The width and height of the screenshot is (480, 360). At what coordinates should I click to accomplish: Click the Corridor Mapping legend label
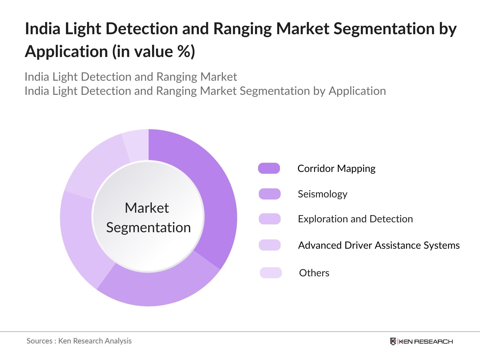tap(336, 169)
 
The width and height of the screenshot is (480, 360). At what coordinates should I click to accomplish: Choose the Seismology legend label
tap(322, 194)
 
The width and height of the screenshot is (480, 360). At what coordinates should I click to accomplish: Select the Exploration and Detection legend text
tap(355, 219)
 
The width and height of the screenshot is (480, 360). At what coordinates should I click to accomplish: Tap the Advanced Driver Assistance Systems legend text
tap(379, 245)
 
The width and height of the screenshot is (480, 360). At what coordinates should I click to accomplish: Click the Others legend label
tap(314, 273)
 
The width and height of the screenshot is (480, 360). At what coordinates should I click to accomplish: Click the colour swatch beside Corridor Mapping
tap(269, 168)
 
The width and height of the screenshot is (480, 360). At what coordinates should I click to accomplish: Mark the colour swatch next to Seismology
tap(270, 194)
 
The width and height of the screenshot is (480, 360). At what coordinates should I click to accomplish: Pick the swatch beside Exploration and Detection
tap(270, 219)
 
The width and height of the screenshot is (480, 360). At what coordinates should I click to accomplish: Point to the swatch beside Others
tap(271, 273)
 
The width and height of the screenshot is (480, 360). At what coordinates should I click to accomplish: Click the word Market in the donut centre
tap(147, 208)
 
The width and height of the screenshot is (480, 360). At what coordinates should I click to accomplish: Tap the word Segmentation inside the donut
tap(148, 227)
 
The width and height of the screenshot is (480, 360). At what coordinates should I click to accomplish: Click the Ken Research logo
tap(421, 341)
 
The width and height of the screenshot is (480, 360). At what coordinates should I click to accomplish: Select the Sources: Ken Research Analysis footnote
tap(79, 341)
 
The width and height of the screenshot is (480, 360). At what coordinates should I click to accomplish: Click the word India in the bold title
tap(43, 29)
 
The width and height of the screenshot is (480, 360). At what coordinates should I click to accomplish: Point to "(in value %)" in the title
tap(154, 52)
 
